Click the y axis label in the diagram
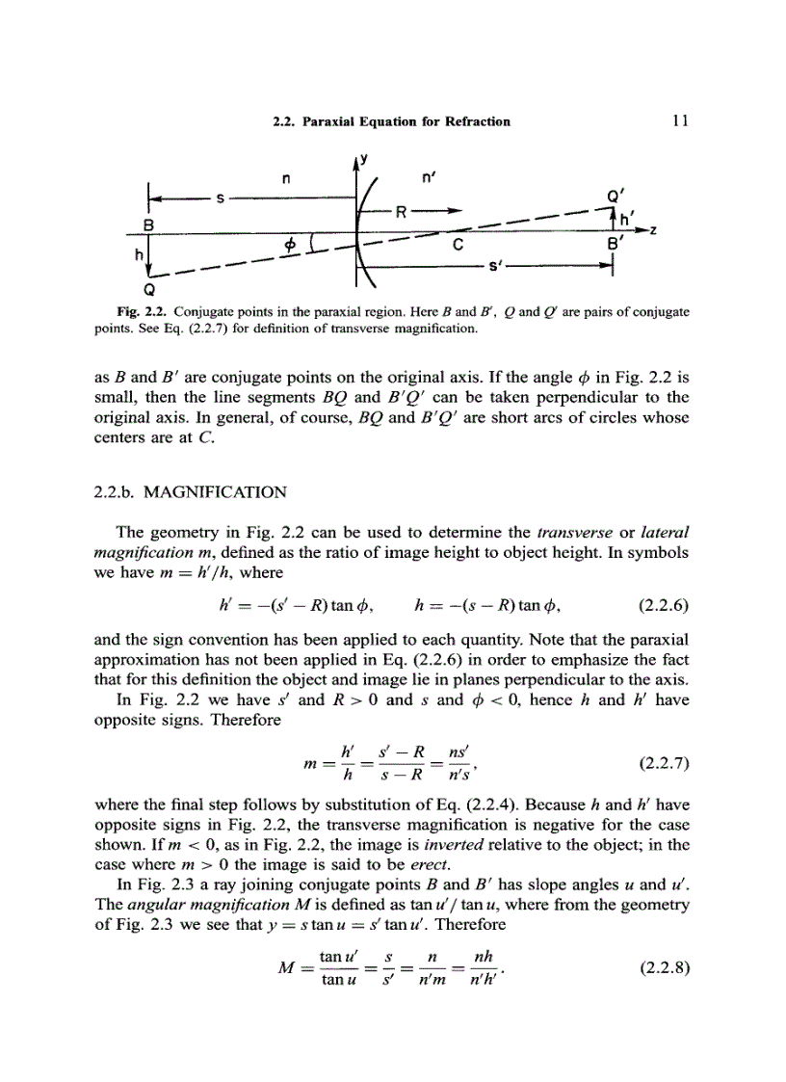click(366, 159)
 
